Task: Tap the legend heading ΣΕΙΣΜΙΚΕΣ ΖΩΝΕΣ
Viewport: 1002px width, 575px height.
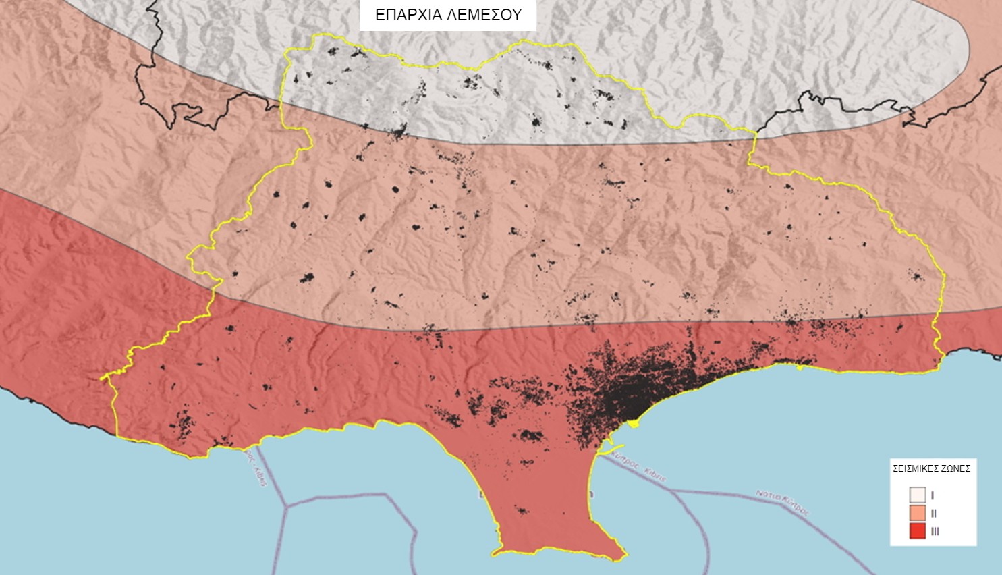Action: (931, 468)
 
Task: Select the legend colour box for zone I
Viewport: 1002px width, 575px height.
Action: (917, 495)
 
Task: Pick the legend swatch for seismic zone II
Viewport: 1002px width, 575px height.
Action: (917, 513)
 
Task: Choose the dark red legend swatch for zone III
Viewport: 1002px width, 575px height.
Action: (917, 531)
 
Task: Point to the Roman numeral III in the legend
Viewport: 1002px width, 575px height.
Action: (935, 532)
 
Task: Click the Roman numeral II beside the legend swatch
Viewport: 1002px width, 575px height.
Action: (934, 514)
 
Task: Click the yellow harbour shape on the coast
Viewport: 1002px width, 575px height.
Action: (632, 423)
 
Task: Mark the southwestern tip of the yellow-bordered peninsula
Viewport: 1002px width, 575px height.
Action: (495, 554)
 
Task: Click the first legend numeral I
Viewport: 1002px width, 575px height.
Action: (933, 495)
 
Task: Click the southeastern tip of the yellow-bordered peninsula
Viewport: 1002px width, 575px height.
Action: (625, 557)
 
